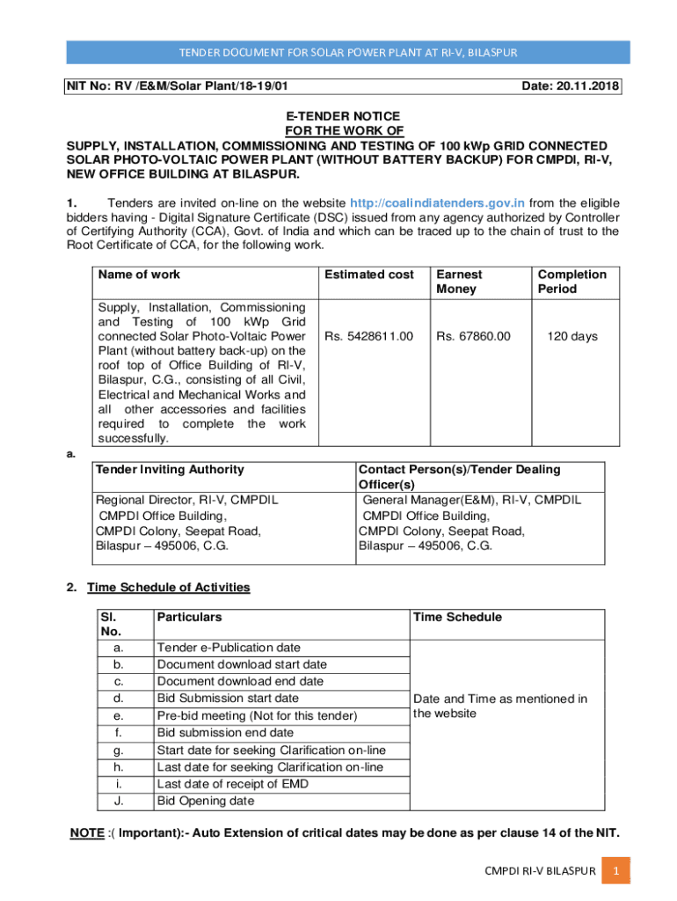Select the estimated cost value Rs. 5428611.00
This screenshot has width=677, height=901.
(368, 335)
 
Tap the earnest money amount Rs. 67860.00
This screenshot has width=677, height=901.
(473, 335)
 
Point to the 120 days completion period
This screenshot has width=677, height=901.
(571, 335)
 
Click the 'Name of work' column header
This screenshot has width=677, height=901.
(139, 275)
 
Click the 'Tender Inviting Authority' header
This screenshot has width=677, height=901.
(170, 470)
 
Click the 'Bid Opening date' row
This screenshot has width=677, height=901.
(205, 801)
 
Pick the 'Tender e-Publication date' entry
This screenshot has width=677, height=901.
(228, 648)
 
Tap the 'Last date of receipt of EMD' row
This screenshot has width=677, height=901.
(231, 784)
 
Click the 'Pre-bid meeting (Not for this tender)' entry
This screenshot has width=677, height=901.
(257, 716)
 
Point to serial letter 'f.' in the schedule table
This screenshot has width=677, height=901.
(118, 732)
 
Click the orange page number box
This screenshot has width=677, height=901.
(616, 871)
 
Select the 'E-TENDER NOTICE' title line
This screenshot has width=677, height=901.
(343, 116)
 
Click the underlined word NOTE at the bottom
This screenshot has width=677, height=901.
(87, 833)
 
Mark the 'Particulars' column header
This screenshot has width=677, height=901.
(189, 617)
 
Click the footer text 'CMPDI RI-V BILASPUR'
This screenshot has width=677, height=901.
(541, 871)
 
